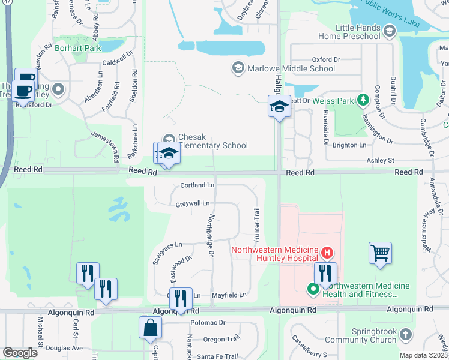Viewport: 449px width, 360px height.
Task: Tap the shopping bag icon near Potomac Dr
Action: [x=149, y=328]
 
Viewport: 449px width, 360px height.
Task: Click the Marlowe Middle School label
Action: [x=292, y=68]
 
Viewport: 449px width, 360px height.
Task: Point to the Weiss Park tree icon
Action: [x=363, y=100]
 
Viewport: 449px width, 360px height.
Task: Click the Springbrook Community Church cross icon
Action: [x=406, y=334]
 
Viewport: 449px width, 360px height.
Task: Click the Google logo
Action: [x=20, y=352]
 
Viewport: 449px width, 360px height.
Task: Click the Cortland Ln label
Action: [x=197, y=185]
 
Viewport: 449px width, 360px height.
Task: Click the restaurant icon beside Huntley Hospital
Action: [x=325, y=274]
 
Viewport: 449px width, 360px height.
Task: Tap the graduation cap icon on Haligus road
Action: [x=279, y=107]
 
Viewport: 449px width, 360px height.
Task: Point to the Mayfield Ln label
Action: [x=229, y=295]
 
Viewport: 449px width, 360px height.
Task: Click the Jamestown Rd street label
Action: [x=104, y=141]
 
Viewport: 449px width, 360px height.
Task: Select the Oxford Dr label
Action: [x=326, y=59]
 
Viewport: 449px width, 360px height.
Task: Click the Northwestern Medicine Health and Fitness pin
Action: [x=312, y=290]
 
